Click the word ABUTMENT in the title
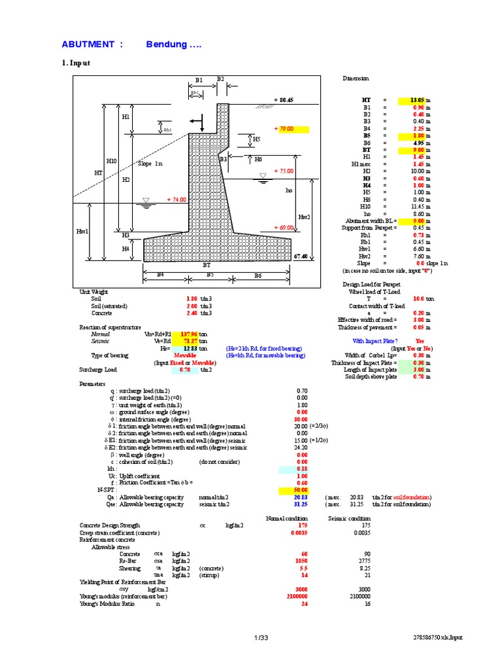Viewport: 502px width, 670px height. click(88, 44)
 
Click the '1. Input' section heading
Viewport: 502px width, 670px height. click(75, 63)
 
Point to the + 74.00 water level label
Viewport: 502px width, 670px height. click(176, 200)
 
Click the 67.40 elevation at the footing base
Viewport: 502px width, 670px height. click(301, 256)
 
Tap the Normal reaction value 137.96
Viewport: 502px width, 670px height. click(188, 334)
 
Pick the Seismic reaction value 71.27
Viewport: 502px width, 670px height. click(188, 341)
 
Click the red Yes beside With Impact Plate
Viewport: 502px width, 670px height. click(420, 341)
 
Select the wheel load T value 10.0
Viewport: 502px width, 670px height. click(420, 298)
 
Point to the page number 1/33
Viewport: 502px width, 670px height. click(261, 637)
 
